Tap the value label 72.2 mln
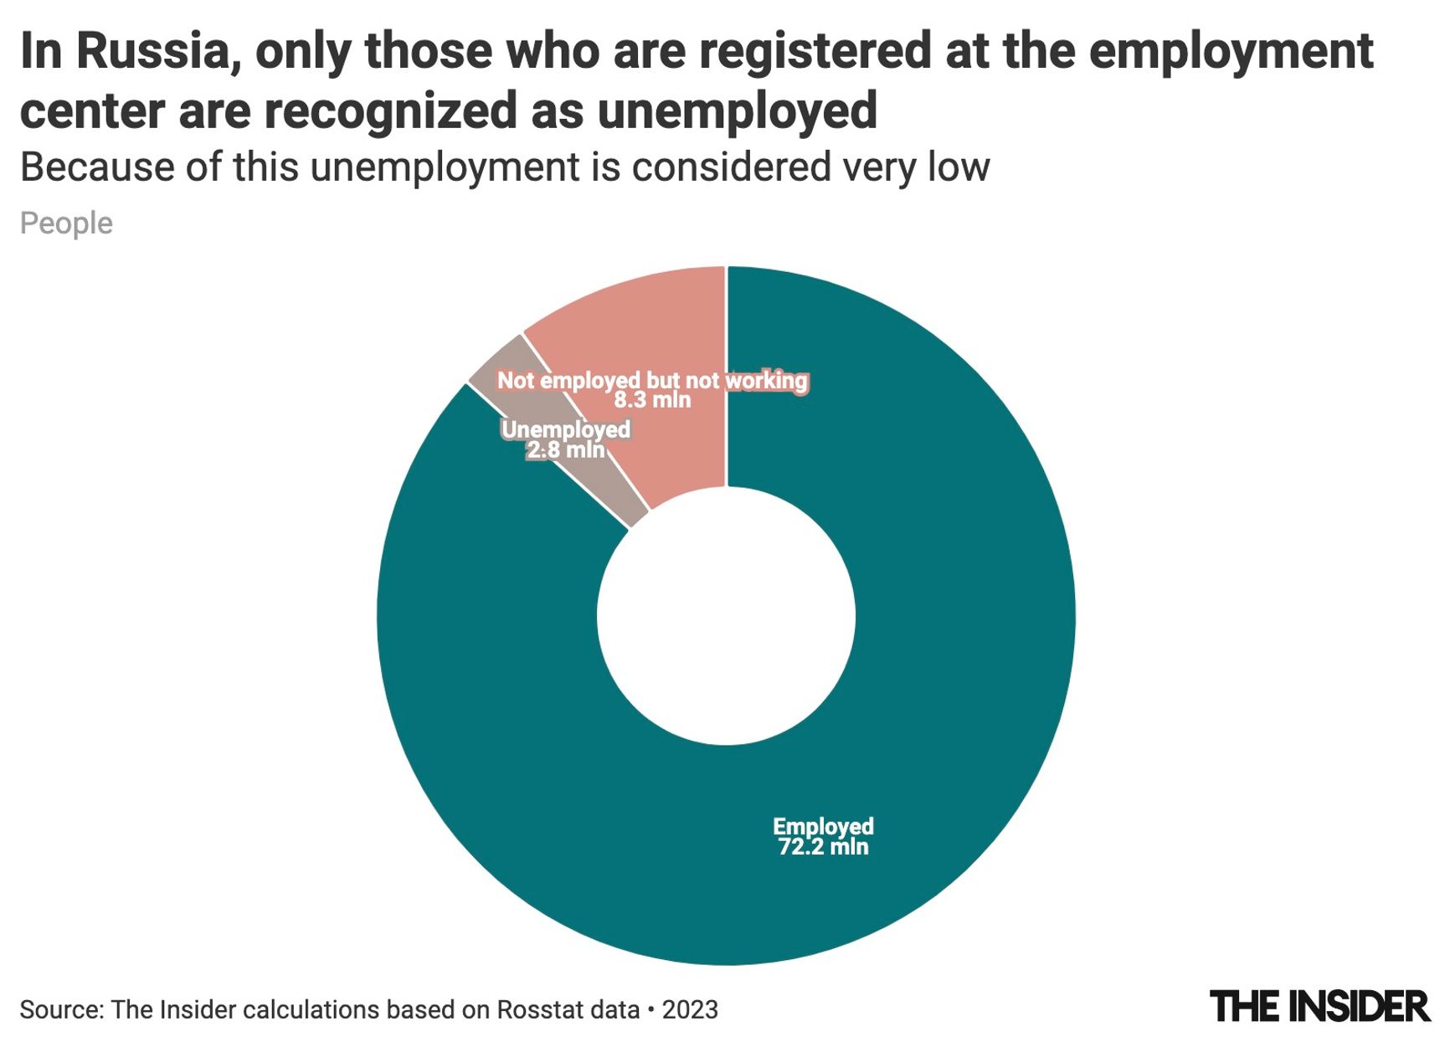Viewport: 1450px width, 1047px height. pyautogui.click(x=823, y=847)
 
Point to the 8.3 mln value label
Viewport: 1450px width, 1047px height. pyautogui.click(x=652, y=400)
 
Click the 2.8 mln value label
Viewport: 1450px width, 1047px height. pyautogui.click(x=565, y=450)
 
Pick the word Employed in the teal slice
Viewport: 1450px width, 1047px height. pyautogui.click(x=823, y=827)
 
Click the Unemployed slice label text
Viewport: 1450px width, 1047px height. pyautogui.click(x=565, y=429)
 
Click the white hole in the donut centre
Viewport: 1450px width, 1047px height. pyautogui.click(x=726, y=615)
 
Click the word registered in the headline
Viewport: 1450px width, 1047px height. pyautogui.click(x=815, y=51)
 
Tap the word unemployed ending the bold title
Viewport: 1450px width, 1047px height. pyautogui.click(x=737, y=110)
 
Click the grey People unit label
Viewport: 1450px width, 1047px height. pyautogui.click(x=66, y=223)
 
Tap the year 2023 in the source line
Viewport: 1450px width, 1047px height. pyautogui.click(x=690, y=1009)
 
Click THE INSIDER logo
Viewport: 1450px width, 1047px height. pyautogui.click(x=1319, y=1007)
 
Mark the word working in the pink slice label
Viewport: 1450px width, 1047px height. pyautogui.click(x=766, y=381)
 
